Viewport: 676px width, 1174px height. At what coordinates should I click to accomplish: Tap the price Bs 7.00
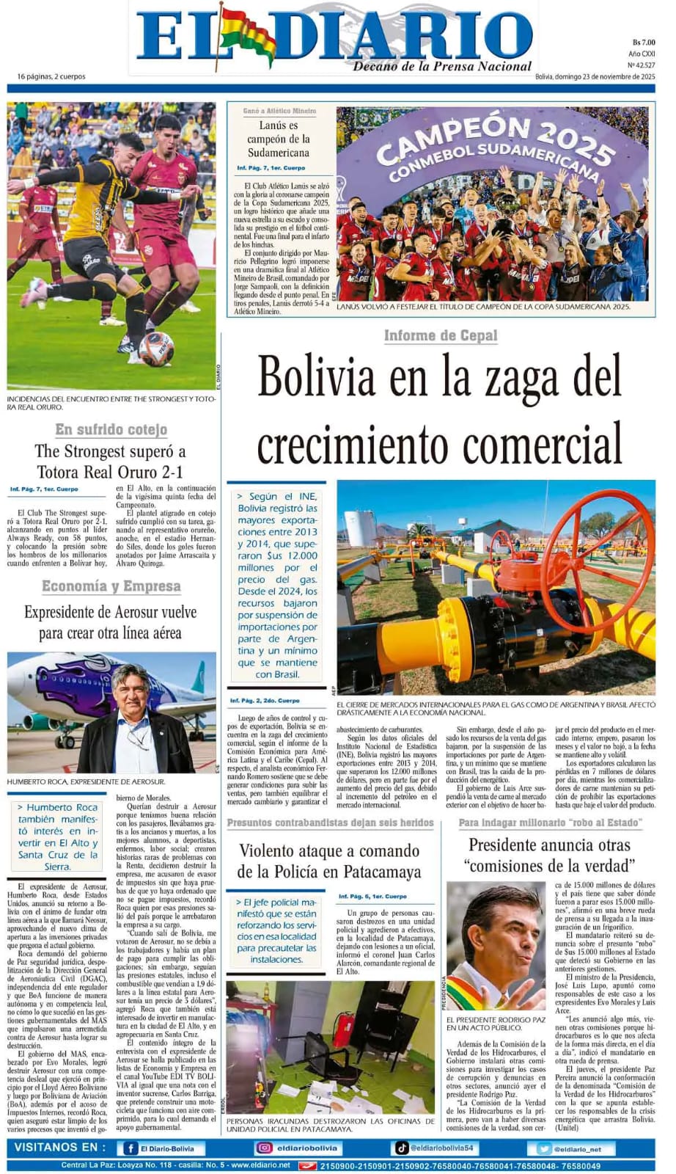pyautogui.click(x=643, y=43)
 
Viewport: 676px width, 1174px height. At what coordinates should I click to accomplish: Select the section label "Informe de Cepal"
pyautogui.click(x=441, y=335)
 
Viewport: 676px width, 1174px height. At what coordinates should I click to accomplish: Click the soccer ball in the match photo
pyautogui.click(x=156, y=349)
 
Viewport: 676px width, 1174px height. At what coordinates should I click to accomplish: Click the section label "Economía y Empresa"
pyautogui.click(x=111, y=586)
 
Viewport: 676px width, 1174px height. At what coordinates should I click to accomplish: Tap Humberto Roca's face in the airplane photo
pyautogui.click(x=131, y=689)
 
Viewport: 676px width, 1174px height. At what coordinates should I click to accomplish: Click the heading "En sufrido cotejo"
pyautogui.click(x=111, y=429)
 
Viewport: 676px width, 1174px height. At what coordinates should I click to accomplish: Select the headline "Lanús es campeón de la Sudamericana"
pyautogui.click(x=278, y=139)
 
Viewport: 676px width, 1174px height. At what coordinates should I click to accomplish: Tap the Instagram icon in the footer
pyautogui.click(x=264, y=1148)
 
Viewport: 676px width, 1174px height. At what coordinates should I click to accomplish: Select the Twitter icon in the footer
pyautogui.click(x=544, y=1149)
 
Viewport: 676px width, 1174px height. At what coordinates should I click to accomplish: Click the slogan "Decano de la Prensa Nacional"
pyautogui.click(x=442, y=67)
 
